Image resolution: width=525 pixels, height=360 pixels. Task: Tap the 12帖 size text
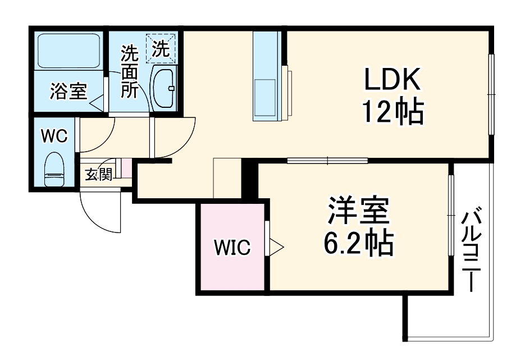tap(392, 113)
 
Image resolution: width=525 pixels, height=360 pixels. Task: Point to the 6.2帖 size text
tap(358, 243)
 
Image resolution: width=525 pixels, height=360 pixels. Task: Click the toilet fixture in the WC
tap(54, 168)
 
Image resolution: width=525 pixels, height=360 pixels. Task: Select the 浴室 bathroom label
tap(68, 91)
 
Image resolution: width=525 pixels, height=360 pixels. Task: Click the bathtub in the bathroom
tap(67, 51)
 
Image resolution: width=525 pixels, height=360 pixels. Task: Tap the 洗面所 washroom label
tap(130, 72)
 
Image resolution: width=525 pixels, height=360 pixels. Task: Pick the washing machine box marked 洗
tap(161, 48)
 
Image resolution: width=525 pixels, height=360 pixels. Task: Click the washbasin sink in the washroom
tap(164, 88)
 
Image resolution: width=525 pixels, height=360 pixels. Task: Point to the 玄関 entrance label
tap(98, 175)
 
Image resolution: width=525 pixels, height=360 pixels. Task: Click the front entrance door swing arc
tap(101, 212)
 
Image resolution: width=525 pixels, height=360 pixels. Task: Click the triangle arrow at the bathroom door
tap(95, 103)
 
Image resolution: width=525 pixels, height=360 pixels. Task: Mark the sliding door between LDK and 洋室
tap(327, 161)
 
